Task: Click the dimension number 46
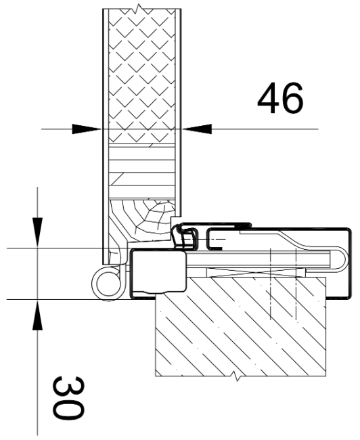pos(280,98)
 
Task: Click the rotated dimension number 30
pos(68,398)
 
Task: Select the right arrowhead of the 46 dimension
pos(197,129)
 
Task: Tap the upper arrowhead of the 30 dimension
pos(37,232)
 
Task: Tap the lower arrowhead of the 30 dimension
pos(37,315)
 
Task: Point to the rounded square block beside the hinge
pos(158,271)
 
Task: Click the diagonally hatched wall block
pos(241,327)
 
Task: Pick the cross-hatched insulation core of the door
pos(141,76)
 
